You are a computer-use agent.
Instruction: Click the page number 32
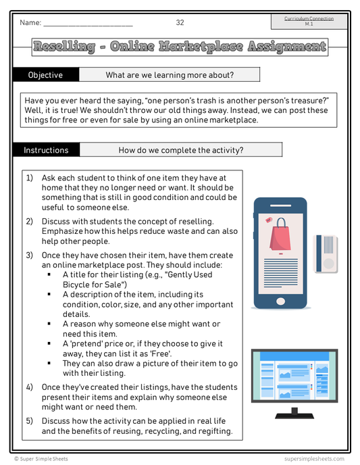(180, 22)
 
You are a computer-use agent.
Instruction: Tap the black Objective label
(46, 75)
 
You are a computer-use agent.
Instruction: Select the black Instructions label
(46, 150)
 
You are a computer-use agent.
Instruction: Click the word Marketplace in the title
(201, 47)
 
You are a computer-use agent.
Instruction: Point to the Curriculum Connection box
(309, 22)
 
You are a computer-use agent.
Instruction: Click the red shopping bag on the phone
(280, 235)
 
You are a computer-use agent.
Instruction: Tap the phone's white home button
(280, 301)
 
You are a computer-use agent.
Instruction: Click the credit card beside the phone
(326, 254)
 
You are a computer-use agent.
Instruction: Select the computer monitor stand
(294, 414)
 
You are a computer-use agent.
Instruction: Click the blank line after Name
(88, 26)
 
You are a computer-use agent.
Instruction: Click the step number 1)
(29, 178)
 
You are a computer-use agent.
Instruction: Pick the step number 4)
(29, 387)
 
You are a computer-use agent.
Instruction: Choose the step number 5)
(29, 421)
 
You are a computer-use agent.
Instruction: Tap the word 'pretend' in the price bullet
(88, 344)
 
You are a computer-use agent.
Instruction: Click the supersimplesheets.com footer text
(314, 459)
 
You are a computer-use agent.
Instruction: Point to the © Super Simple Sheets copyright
(41, 459)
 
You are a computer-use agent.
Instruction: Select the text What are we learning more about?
(170, 75)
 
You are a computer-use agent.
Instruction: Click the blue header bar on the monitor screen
(294, 356)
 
